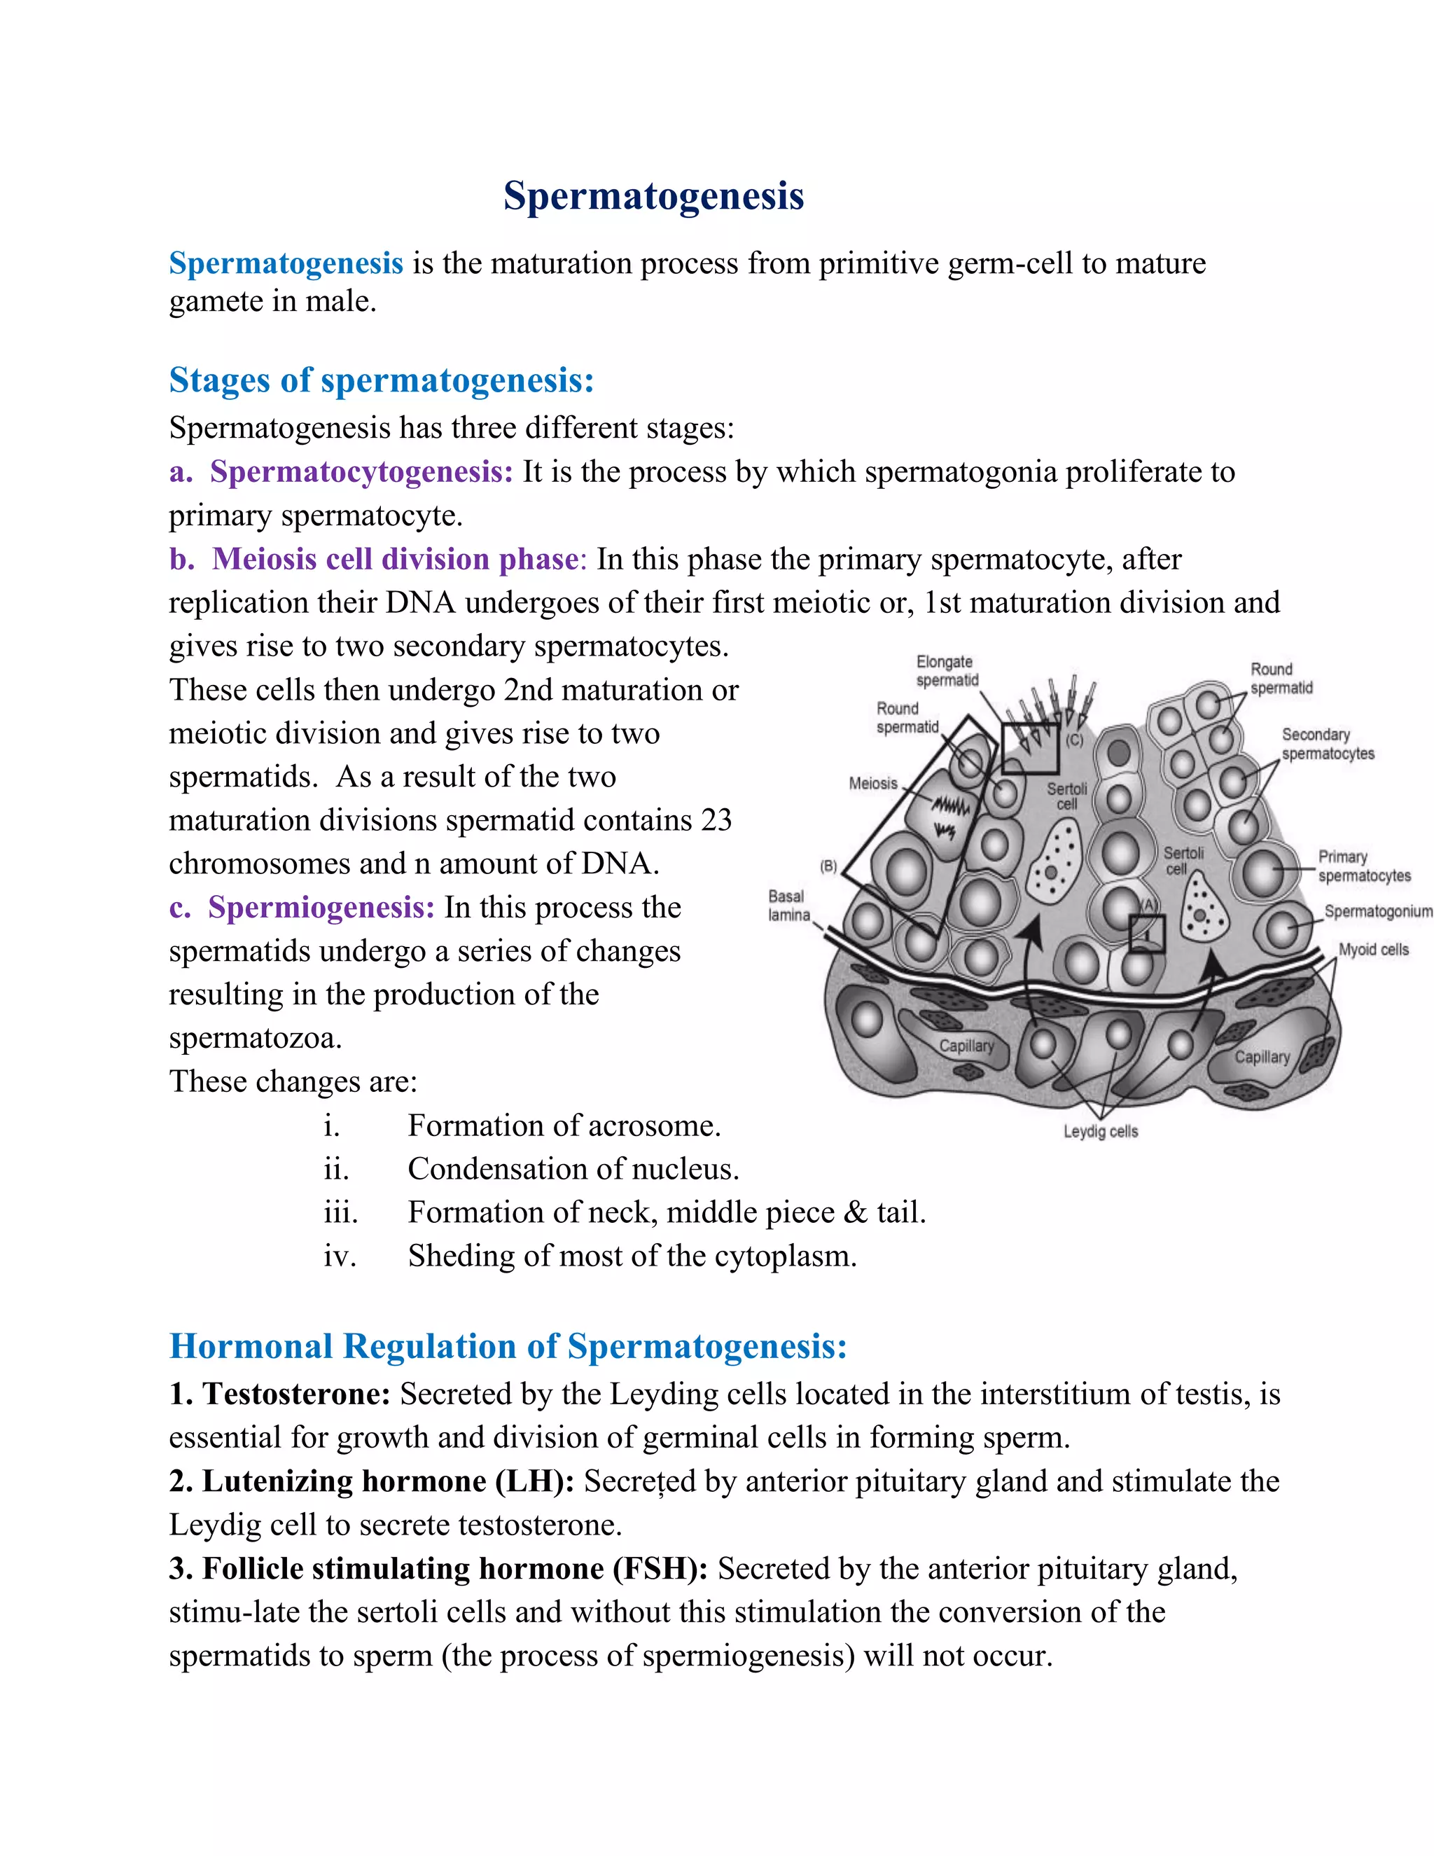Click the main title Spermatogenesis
tap(653, 196)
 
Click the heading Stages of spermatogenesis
tap(381, 380)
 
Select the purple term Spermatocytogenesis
tap(361, 471)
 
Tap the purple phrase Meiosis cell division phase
tap(395, 559)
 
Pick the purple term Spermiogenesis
tap(321, 908)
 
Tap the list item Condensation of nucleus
tap(573, 1170)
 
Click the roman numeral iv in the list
tap(339, 1256)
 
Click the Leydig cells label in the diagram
tap(1100, 1131)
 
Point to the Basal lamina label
tap(788, 906)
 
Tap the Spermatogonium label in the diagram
tap(1377, 912)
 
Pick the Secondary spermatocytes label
tap(1327, 745)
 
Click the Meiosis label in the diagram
tap(872, 784)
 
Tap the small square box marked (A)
tap(1146, 934)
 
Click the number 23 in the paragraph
tap(716, 820)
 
